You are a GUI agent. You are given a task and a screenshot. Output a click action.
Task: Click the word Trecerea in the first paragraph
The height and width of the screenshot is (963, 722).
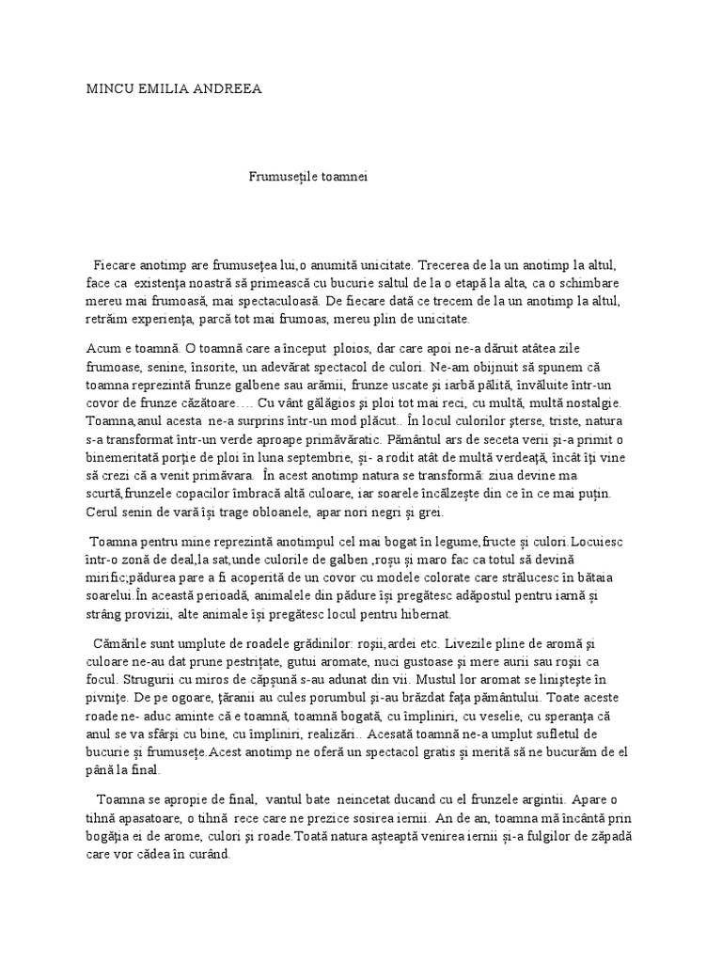(x=443, y=266)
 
